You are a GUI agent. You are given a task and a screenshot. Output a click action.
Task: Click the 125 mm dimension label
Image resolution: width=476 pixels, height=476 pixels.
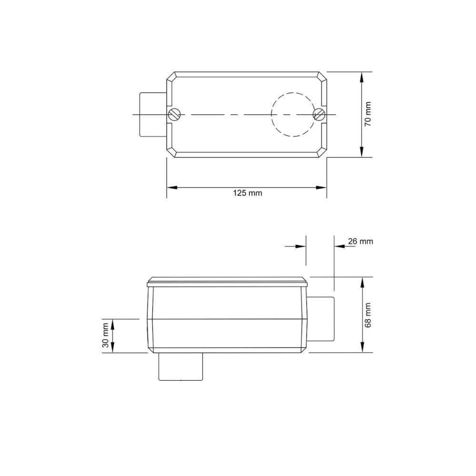(247, 193)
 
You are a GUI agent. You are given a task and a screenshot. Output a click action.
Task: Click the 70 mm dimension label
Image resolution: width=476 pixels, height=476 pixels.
(367, 114)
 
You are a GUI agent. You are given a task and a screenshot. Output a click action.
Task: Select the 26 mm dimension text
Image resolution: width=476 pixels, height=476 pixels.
(360, 241)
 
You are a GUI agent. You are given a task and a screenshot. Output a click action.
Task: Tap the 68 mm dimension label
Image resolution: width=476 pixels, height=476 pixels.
(367, 315)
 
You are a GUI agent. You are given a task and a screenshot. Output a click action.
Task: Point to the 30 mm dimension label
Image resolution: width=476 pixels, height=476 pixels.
(106, 336)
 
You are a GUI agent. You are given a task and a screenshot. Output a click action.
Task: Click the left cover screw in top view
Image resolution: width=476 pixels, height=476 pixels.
(174, 114)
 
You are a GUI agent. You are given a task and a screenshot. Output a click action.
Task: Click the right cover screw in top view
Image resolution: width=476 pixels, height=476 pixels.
(319, 114)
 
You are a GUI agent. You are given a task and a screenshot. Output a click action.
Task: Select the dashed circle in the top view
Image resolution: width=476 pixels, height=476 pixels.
(291, 114)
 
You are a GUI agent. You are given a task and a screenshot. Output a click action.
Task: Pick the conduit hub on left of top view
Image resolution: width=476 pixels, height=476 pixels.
(152, 114)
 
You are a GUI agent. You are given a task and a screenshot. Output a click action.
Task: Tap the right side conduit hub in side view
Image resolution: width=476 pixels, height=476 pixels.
(321, 318)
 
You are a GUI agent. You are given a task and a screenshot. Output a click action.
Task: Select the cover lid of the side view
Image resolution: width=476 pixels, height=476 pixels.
(228, 282)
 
